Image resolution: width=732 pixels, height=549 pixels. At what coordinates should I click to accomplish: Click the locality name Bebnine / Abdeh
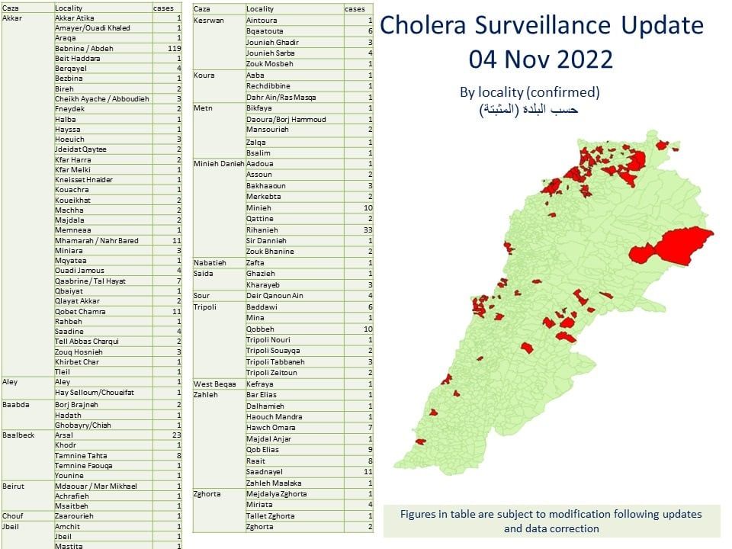click(84, 47)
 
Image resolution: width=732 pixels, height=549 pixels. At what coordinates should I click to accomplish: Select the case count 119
click(174, 47)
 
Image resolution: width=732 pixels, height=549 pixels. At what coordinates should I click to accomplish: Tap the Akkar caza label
click(11, 17)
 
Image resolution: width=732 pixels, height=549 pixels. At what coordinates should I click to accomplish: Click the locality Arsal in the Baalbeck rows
click(64, 435)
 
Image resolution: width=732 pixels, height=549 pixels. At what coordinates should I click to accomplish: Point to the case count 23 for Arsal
click(176, 435)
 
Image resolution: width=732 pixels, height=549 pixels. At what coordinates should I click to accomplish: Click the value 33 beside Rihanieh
click(368, 230)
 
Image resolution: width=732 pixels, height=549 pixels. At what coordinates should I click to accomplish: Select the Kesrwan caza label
click(209, 20)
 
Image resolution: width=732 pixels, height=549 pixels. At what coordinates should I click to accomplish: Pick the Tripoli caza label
click(206, 307)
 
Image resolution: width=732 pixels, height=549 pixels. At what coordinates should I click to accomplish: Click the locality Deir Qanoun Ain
click(274, 296)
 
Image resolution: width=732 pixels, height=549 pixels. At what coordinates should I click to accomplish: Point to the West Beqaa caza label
click(213, 384)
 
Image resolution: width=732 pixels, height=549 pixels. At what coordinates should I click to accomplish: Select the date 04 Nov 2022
click(541, 59)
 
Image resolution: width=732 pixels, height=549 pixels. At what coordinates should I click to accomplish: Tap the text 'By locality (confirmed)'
click(529, 92)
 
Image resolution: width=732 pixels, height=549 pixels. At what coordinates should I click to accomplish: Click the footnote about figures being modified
click(551, 521)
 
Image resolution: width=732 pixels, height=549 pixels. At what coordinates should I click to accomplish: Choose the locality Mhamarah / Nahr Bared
click(97, 240)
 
